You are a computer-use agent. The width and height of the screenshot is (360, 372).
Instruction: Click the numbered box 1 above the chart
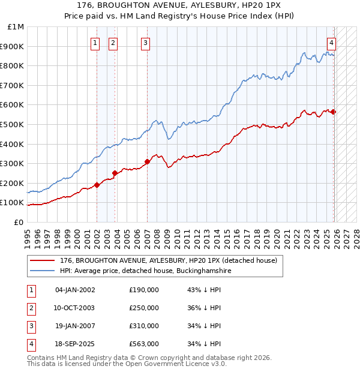(x=95, y=42)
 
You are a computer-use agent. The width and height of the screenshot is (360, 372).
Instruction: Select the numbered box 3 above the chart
(x=146, y=42)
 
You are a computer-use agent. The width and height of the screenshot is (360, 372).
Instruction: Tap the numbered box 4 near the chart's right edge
(x=331, y=42)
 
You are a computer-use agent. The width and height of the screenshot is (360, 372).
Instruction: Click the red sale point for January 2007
(x=147, y=161)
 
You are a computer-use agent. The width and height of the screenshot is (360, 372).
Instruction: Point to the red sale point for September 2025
(x=334, y=112)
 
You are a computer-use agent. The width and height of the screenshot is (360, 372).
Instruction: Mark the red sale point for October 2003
(x=115, y=173)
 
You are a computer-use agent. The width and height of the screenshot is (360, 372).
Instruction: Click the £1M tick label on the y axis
(x=16, y=27)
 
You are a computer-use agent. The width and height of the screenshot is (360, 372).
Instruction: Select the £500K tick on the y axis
(x=13, y=124)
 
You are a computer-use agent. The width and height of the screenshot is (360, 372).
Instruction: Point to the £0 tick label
(x=19, y=222)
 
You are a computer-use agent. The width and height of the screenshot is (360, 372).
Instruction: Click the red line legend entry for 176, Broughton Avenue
(x=168, y=261)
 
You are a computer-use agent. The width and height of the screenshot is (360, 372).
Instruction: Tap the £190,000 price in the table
(x=144, y=290)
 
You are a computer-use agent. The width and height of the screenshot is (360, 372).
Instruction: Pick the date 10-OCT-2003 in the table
(x=74, y=308)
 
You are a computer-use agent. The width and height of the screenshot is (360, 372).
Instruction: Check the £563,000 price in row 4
(x=144, y=344)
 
